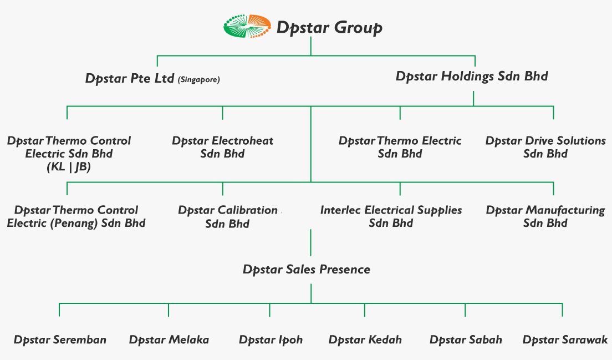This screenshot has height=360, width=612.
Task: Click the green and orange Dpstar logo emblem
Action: click(x=247, y=26)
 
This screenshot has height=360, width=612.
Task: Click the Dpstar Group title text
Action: click(x=329, y=28)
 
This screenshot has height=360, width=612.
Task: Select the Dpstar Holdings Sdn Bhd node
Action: click(x=472, y=76)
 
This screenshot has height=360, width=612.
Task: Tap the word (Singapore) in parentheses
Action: click(x=198, y=80)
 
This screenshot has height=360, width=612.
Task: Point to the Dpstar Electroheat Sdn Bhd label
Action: click(x=222, y=147)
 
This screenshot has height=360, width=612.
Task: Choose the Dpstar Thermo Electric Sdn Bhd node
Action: click(x=400, y=147)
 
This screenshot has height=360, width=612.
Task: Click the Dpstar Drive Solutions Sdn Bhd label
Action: click(x=545, y=147)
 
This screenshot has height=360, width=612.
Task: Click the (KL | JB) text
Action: click(x=69, y=167)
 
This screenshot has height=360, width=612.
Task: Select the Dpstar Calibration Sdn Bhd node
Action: click(x=227, y=217)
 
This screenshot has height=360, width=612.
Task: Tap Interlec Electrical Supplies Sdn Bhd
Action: click(x=391, y=216)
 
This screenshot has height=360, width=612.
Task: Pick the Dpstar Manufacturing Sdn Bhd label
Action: click(x=545, y=216)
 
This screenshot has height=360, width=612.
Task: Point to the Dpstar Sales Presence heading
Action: click(x=307, y=270)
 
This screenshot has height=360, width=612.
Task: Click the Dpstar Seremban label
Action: click(x=60, y=339)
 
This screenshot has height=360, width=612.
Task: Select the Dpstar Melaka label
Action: click(x=169, y=339)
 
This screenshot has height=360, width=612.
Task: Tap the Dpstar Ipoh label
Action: click(x=271, y=340)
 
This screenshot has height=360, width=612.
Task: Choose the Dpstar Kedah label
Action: click(x=365, y=339)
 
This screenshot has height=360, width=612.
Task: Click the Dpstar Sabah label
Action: click(x=466, y=339)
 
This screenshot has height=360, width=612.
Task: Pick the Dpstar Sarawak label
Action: click(x=565, y=339)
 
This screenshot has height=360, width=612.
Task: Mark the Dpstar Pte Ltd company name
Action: click(x=130, y=78)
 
